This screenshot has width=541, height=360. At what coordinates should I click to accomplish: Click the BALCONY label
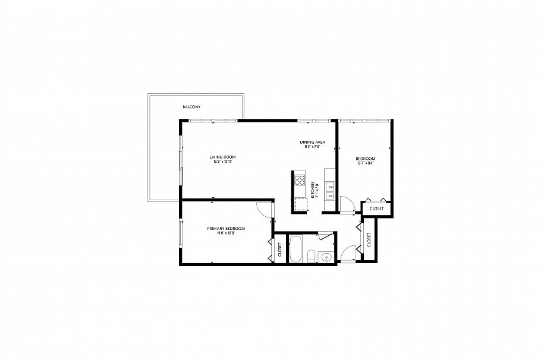pos(191,107)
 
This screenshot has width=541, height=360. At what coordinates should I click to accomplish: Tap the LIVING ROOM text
pos(218,157)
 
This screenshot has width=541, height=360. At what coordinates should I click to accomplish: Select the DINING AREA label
pos(312,142)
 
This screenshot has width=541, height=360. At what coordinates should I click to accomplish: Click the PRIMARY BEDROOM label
pos(226,229)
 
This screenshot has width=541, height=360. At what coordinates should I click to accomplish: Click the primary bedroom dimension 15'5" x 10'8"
pos(226,233)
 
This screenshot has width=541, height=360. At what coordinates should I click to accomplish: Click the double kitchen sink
pos(331,191)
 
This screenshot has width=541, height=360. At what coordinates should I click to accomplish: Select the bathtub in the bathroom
pos(295,249)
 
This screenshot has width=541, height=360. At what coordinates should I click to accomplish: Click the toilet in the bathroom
pos(311,256)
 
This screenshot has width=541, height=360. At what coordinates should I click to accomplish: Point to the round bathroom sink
pos(326,257)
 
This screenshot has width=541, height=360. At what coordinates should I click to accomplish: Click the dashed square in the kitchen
pos(301,205)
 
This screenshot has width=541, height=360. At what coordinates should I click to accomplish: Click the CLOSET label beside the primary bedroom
pos(279,250)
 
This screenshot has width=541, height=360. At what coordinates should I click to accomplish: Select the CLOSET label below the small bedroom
pos(376,209)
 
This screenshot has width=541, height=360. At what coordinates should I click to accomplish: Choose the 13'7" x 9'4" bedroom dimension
pos(365,163)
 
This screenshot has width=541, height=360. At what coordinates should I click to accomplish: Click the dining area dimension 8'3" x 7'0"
pos(312,147)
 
